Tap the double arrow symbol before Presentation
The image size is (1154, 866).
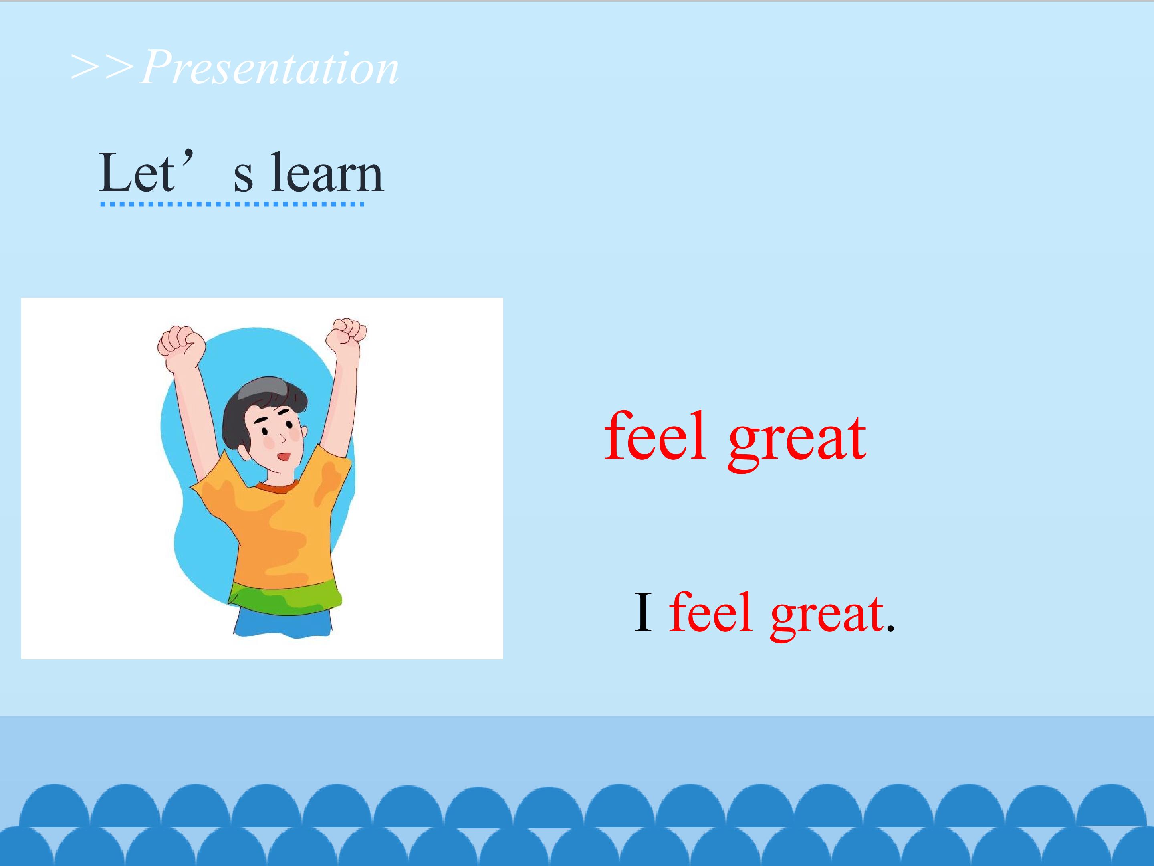pyautogui.click(x=103, y=67)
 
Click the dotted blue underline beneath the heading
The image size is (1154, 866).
pyautogui.click(x=232, y=204)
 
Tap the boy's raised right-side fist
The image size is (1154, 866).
pyautogui.click(x=347, y=337)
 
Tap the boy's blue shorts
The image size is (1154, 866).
pyautogui.click(x=283, y=622)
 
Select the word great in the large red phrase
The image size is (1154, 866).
pyautogui.click(x=797, y=441)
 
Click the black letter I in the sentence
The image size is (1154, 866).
pyautogui.click(x=643, y=612)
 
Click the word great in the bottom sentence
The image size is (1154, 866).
pyautogui.click(x=827, y=616)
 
